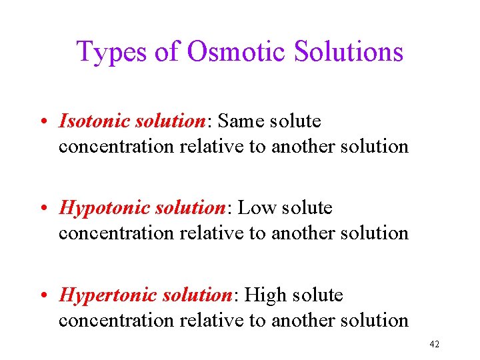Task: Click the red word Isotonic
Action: pos(95,121)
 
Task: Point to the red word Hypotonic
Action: pos(105,209)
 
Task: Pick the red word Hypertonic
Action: pos(109,295)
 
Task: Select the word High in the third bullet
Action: pos(267,295)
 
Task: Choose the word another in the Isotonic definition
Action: pos(303,146)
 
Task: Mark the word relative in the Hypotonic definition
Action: pos(212,233)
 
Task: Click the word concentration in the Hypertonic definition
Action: pos(117,320)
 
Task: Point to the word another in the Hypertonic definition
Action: pos(303,320)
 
